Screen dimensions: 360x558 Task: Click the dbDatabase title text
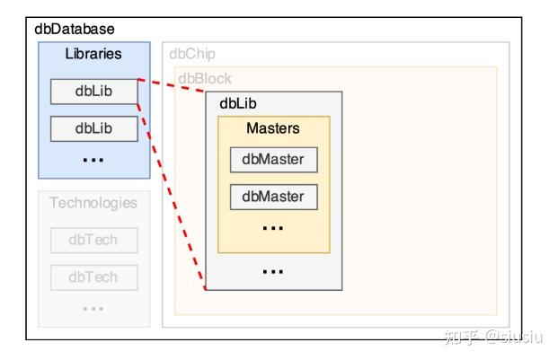pyautogui.click(x=75, y=31)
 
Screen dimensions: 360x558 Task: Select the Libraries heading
pyautogui.click(x=93, y=54)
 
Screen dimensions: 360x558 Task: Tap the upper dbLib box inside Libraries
pyautogui.click(x=93, y=92)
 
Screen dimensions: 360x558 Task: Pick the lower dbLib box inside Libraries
pyautogui.click(x=93, y=128)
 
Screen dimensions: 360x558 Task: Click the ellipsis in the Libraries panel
pyautogui.click(x=93, y=159)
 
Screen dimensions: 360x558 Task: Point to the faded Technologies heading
pyautogui.click(x=93, y=203)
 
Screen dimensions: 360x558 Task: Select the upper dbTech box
pyautogui.click(x=93, y=240)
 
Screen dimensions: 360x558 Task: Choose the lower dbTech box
pyautogui.click(x=93, y=277)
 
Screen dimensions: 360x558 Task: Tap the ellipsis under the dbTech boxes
pyautogui.click(x=93, y=308)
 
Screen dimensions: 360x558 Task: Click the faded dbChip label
pyautogui.click(x=192, y=54)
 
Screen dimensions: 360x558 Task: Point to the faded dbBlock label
pyautogui.click(x=204, y=78)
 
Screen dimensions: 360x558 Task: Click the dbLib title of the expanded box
pyautogui.click(x=238, y=103)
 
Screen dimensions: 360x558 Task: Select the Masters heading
pyautogui.click(x=273, y=128)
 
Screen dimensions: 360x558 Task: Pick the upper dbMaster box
pyautogui.click(x=273, y=160)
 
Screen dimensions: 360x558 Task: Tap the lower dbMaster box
pyautogui.click(x=273, y=196)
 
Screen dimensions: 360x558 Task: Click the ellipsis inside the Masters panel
pyautogui.click(x=273, y=228)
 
